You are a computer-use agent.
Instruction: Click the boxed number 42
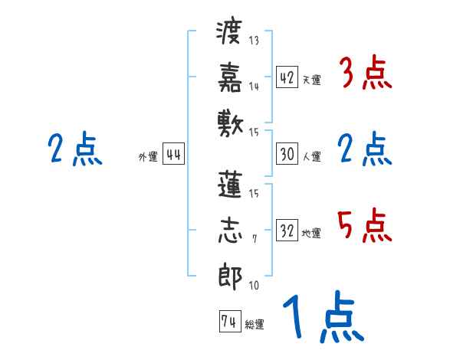(287, 78)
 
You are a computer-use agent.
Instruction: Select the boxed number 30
(287, 154)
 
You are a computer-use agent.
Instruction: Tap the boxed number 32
(287, 231)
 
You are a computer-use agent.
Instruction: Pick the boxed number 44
(173, 155)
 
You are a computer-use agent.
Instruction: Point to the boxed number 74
(228, 322)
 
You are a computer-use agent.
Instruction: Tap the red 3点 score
(364, 74)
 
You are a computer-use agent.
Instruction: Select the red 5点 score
(364, 226)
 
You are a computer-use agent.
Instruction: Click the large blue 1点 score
(321, 316)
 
